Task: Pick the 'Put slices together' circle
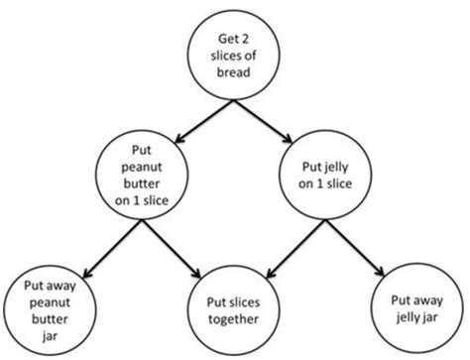click(235, 312)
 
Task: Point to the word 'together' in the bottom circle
click(235, 320)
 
